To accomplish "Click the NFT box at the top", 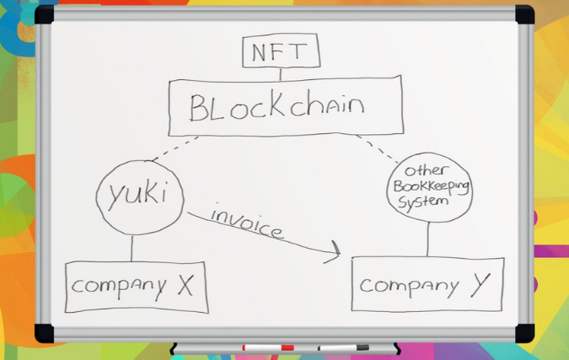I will coord(281,52).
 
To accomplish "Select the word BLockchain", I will coord(276,108).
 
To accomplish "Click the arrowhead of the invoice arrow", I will coord(335,250).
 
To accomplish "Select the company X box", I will coord(134,287).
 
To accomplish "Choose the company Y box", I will coord(427,284).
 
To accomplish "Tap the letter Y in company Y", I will coord(480,284).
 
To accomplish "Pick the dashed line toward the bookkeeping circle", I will coord(377,148).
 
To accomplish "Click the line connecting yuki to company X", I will coord(132,248).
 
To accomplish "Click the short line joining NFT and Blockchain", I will coord(281,74).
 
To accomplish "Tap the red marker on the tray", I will coord(268,347).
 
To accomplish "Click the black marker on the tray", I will coord(344,347).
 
